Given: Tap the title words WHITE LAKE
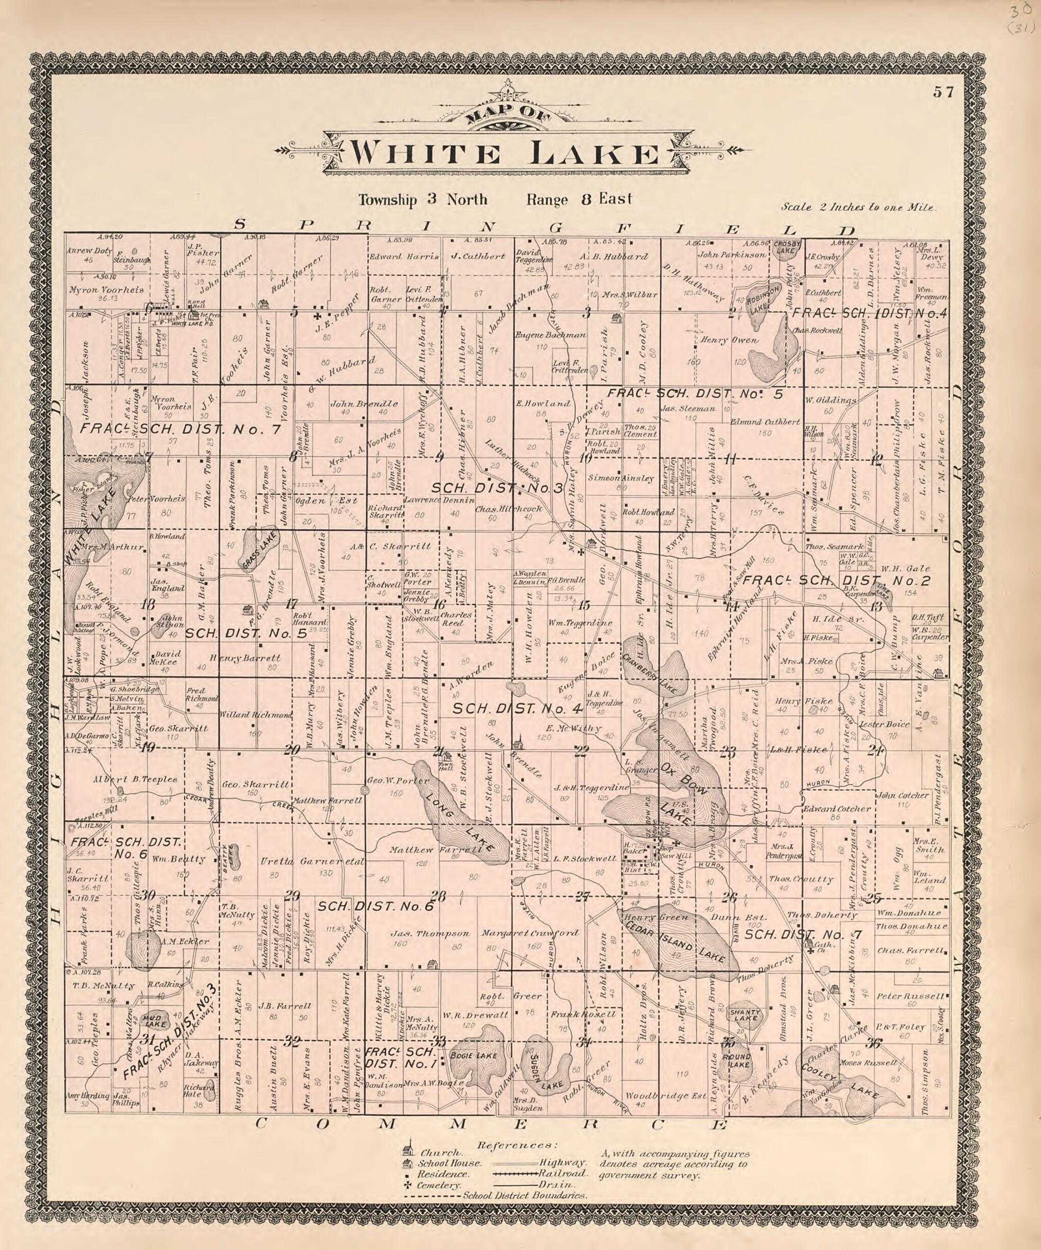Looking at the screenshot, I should (503, 155).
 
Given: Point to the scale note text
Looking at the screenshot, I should (859, 208).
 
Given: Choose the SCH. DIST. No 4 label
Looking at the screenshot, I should (525, 709).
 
